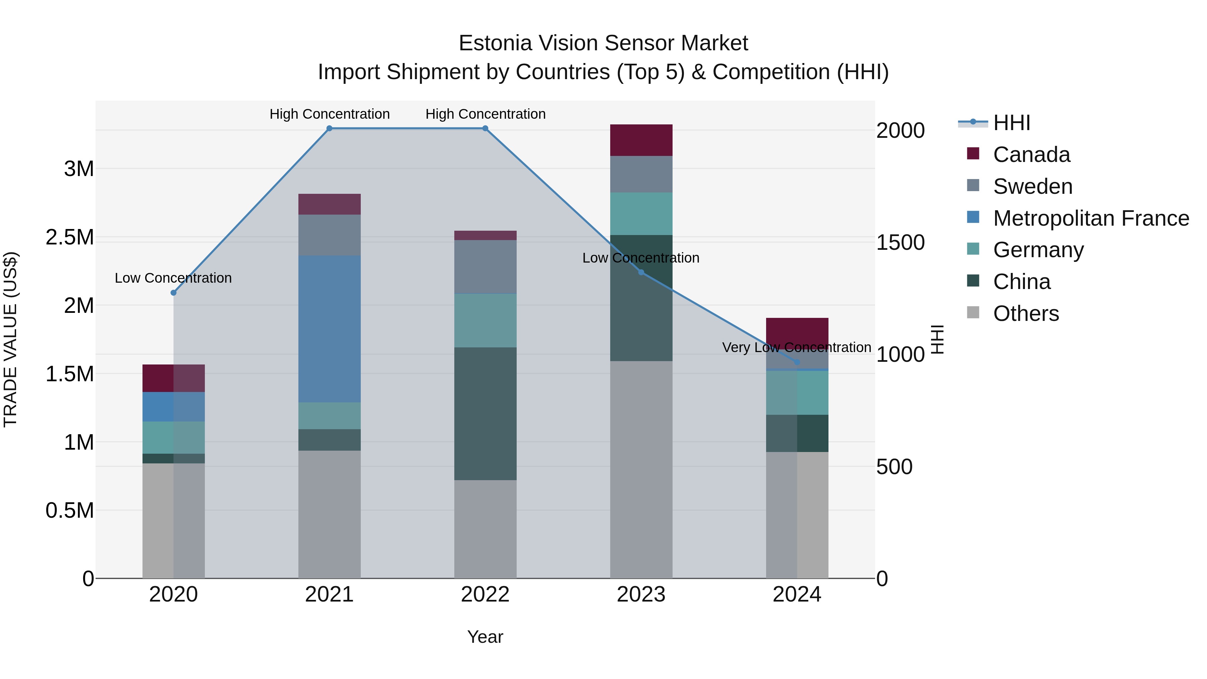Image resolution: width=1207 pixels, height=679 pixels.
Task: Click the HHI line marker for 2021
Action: pos(329,128)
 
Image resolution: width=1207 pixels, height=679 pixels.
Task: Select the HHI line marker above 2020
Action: pos(173,293)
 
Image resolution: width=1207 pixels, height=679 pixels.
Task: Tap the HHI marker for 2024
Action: pos(797,362)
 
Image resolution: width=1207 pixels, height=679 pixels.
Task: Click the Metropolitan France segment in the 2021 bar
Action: pos(329,329)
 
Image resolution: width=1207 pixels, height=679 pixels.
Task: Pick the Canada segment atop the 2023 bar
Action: pos(641,140)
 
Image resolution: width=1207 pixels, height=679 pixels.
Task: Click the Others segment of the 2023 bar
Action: pos(641,469)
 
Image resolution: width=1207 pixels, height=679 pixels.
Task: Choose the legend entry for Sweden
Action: pos(1032,186)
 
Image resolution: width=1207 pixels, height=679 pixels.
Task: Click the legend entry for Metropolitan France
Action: pos(1090,218)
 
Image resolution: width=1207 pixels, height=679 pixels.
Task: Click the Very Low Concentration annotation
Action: pos(797,348)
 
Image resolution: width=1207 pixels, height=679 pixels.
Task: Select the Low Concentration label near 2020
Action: pos(173,278)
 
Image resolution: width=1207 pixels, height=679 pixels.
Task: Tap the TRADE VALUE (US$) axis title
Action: pos(11,339)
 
